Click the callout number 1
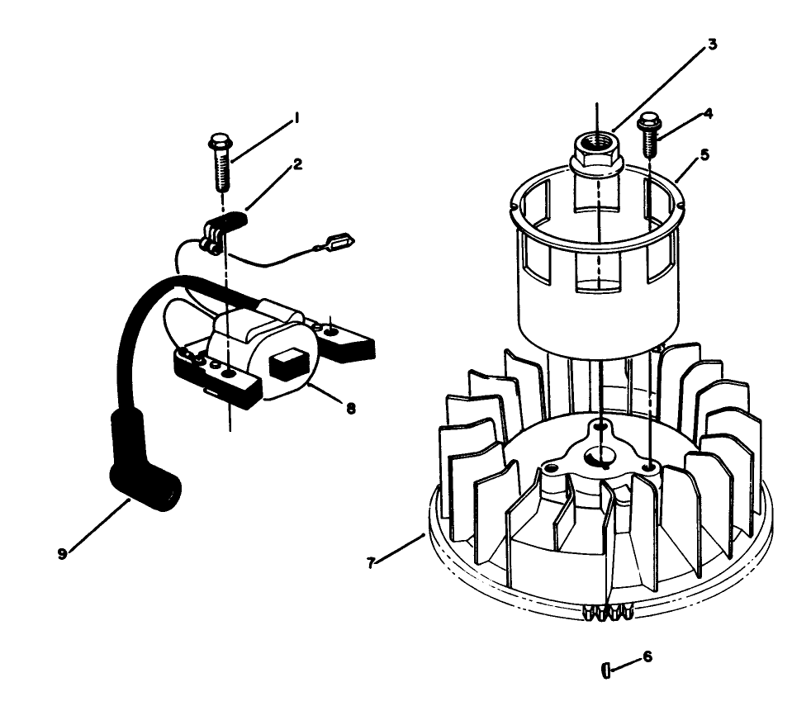tap(296, 121)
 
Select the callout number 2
tap(297, 164)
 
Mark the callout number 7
tap(371, 563)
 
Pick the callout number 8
tap(351, 408)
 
